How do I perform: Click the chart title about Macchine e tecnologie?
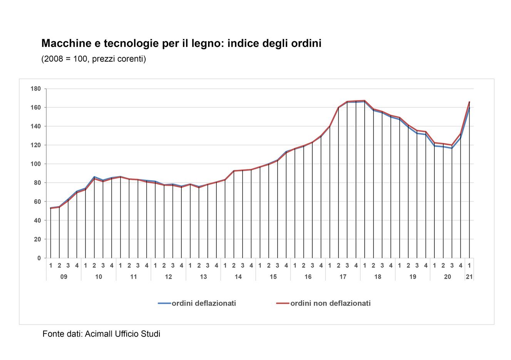click(x=181, y=43)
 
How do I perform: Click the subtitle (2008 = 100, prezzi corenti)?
click(x=94, y=59)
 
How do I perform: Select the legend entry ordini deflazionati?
click(x=204, y=303)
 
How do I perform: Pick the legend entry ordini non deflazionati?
click(x=330, y=303)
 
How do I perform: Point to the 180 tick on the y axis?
click(x=36, y=89)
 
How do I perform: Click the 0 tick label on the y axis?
click(x=39, y=258)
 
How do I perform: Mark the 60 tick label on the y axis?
click(x=37, y=202)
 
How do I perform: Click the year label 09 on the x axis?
click(x=64, y=277)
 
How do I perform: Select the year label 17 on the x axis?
click(x=343, y=277)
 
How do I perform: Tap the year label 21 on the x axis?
click(x=469, y=277)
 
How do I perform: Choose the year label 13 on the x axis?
click(x=203, y=277)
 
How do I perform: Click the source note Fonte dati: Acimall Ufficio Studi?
click(x=101, y=334)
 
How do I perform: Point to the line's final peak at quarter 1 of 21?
click(x=469, y=102)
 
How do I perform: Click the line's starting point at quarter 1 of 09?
click(x=51, y=208)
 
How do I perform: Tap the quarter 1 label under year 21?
click(x=469, y=266)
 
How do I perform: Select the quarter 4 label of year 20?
click(x=461, y=266)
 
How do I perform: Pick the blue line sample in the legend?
click(x=164, y=303)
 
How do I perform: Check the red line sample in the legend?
click(x=283, y=303)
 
